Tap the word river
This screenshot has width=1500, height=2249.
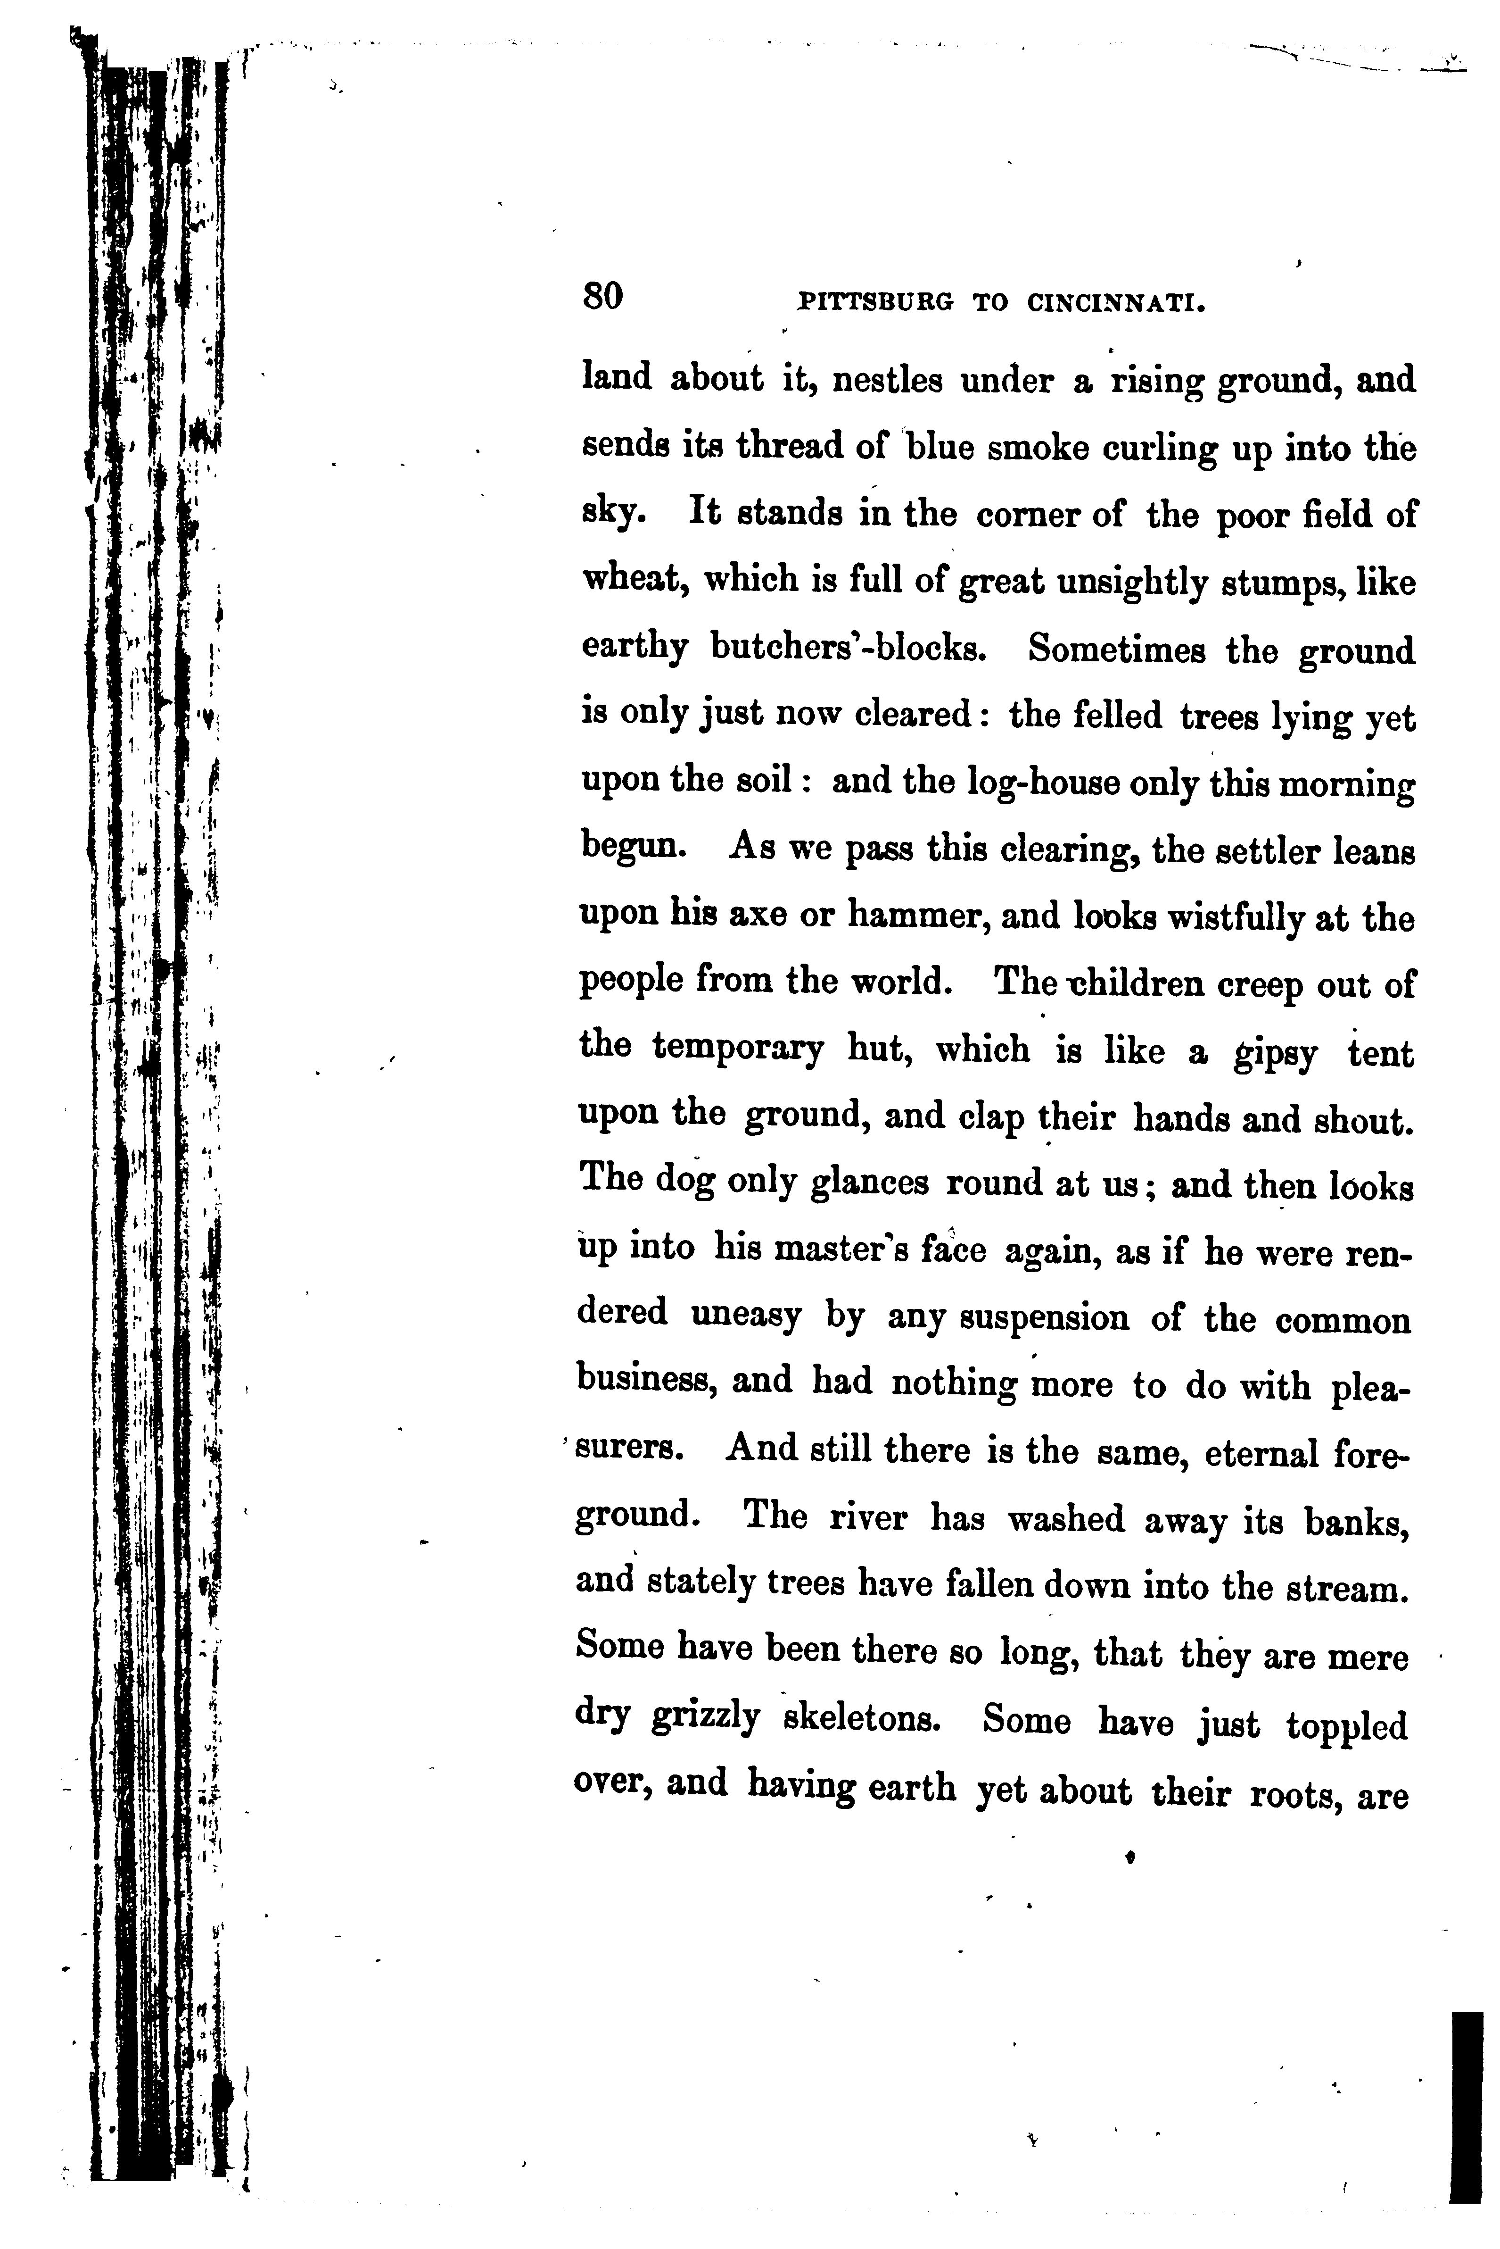(x=867, y=1518)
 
